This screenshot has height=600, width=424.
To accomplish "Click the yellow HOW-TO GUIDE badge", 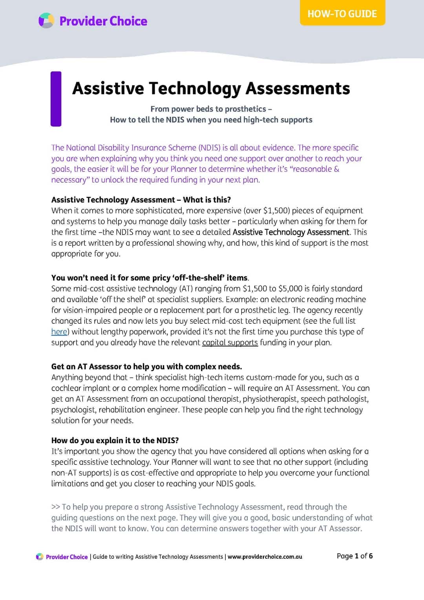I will (x=342, y=14).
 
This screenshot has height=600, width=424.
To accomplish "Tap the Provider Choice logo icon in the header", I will (x=46, y=21).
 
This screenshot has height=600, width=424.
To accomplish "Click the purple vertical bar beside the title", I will (x=56, y=99).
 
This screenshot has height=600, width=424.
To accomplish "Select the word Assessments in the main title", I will (x=298, y=88).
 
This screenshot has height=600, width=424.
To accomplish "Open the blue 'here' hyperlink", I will (x=59, y=332).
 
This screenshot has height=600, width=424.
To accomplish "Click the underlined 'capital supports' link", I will (x=230, y=343).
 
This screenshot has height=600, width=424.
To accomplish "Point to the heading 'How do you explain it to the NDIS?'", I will (x=115, y=440).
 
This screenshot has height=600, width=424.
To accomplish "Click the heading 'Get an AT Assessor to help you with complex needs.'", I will (x=146, y=367).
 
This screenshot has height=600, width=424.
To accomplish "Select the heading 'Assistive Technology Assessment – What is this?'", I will (x=141, y=200).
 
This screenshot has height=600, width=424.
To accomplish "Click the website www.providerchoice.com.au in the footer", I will (x=265, y=557).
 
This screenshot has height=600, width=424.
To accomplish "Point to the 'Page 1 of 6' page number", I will (x=355, y=556).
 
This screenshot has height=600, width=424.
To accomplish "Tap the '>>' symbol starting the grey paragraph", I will (x=55, y=507).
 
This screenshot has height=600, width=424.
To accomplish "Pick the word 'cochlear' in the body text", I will (x=66, y=388).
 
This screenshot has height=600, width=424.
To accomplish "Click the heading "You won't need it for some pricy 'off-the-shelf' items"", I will (x=149, y=278).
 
